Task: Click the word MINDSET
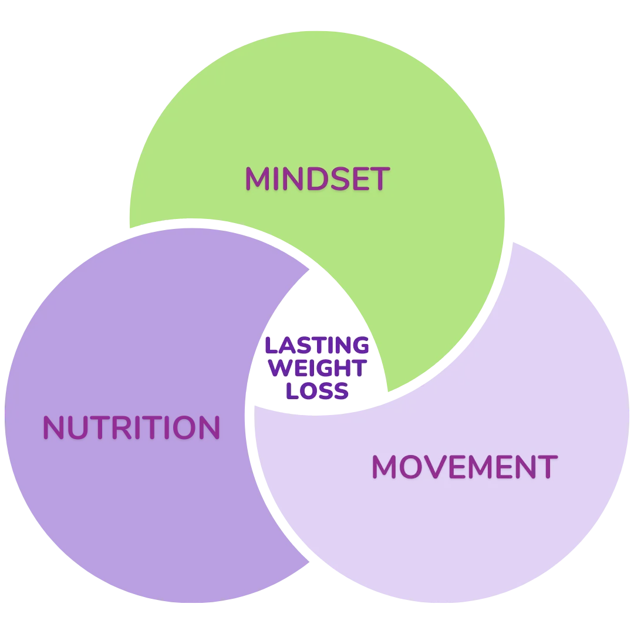coord(317,179)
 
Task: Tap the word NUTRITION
coord(131,429)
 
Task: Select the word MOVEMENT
coord(464,467)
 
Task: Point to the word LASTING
coord(317,346)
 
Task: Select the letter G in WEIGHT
coord(330,368)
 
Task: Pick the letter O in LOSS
coord(305,390)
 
